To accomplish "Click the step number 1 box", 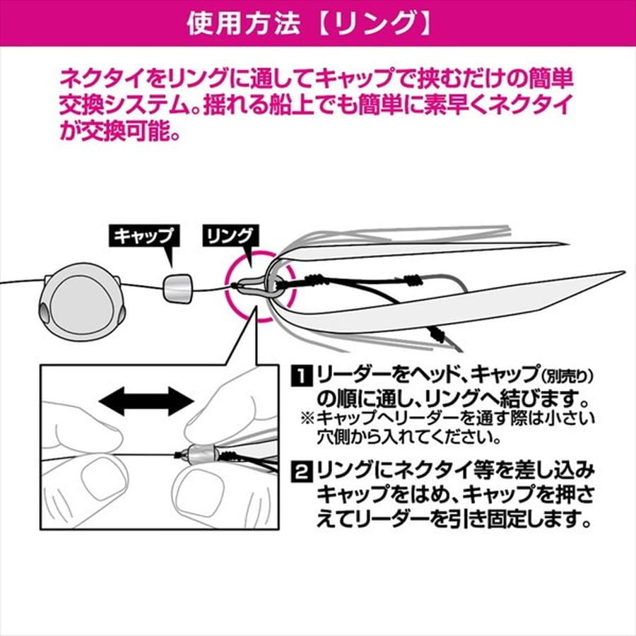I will pos(302,375).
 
